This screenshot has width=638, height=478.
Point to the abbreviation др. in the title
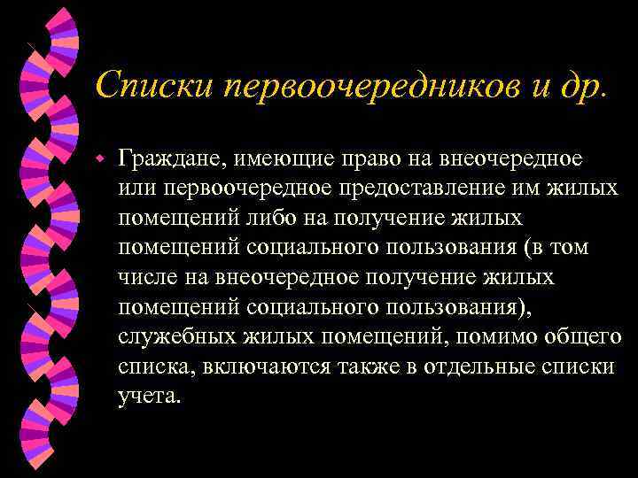[586, 86]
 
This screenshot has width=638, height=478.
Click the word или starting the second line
[134, 189]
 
